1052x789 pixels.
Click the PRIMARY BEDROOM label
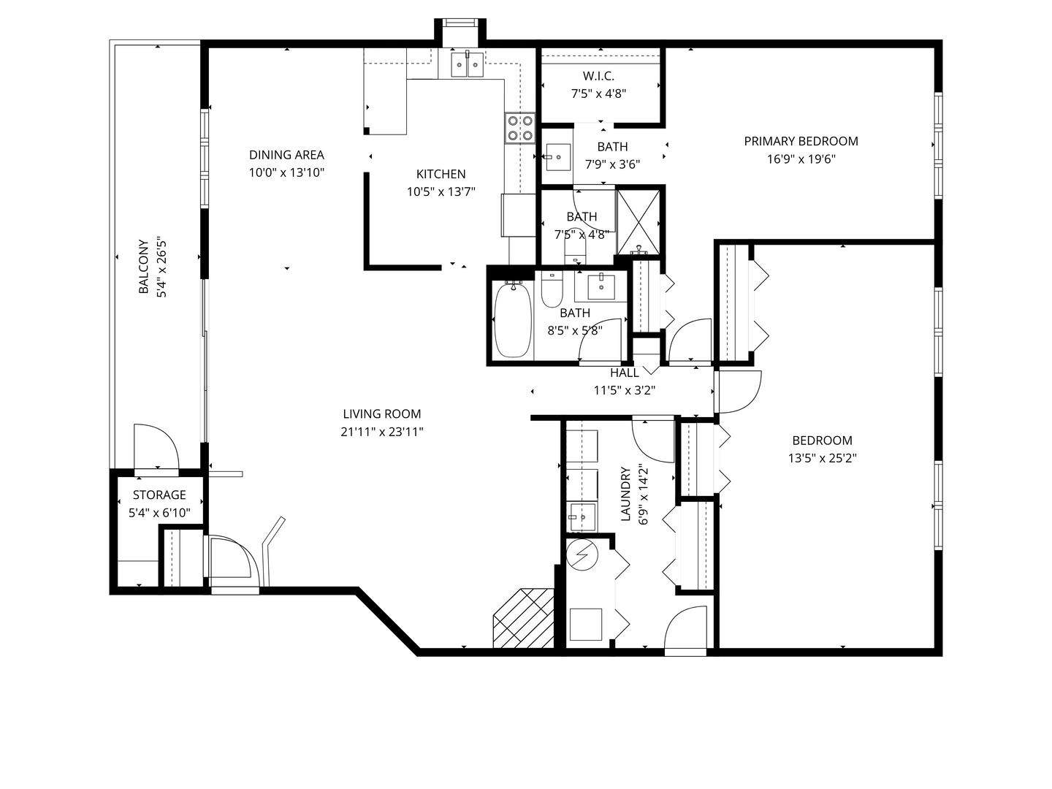(x=801, y=141)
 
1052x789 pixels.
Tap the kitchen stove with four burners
(x=519, y=128)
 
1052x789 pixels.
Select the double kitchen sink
(x=466, y=64)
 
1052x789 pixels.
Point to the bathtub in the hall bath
(x=513, y=320)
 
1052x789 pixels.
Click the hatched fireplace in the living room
(x=523, y=618)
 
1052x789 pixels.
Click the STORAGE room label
(x=159, y=495)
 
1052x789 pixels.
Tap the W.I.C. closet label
(x=598, y=76)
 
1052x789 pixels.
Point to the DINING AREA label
(x=286, y=155)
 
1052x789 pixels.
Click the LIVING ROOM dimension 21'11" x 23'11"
(x=382, y=432)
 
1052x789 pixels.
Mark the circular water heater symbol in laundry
(x=583, y=555)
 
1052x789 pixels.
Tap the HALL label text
(x=625, y=373)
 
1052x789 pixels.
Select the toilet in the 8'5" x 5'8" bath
(x=551, y=291)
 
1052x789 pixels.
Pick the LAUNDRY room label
(x=625, y=495)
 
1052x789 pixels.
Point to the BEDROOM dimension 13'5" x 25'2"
(x=822, y=459)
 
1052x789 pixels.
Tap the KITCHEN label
(x=441, y=174)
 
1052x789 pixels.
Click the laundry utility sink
(x=582, y=517)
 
